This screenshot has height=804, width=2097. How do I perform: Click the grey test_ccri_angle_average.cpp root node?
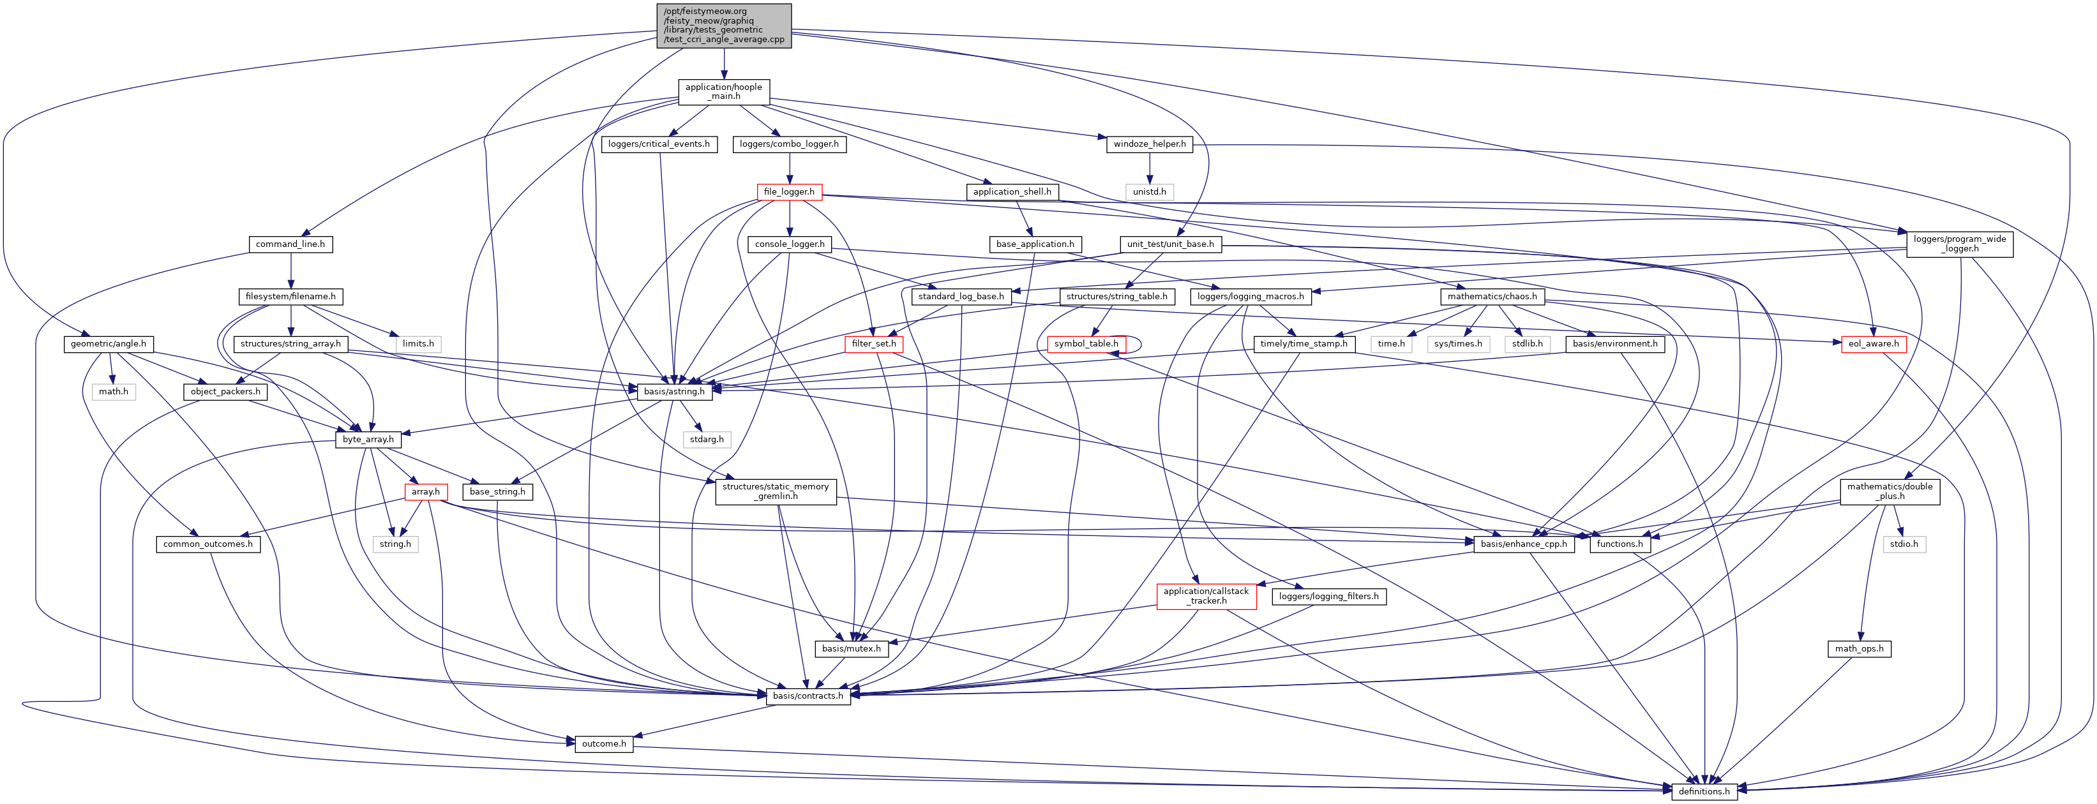(x=724, y=26)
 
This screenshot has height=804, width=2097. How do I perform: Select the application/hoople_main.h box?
(x=724, y=92)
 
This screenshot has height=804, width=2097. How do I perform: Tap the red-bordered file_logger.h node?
(x=789, y=192)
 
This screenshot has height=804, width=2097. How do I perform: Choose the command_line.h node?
(x=290, y=244)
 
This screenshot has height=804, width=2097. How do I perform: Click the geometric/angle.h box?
(x=109, y=344)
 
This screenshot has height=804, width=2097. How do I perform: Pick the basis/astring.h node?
(x=674, y=391)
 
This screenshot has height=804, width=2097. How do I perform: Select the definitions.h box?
(x=1704, y=791)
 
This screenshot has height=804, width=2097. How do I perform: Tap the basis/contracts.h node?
(x=808, y=696)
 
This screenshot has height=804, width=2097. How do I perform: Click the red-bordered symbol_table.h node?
(x=1086, y=344)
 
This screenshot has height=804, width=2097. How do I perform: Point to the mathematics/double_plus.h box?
(x=1890, y=491)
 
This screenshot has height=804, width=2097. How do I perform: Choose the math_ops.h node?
(x=1860, y=648)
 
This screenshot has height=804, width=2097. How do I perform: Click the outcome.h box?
(x=604, y=744)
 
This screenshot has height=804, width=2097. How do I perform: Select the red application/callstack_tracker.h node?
(x=1206, y=597)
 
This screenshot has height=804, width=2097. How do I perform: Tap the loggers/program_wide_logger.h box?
(x=1959, y=244)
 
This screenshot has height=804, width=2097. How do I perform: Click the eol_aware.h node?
(x=1873, y=344)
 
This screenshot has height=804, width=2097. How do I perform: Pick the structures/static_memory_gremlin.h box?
(x=775, y=491)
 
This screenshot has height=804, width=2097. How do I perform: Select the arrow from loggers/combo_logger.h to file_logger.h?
(x=789, y=168)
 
